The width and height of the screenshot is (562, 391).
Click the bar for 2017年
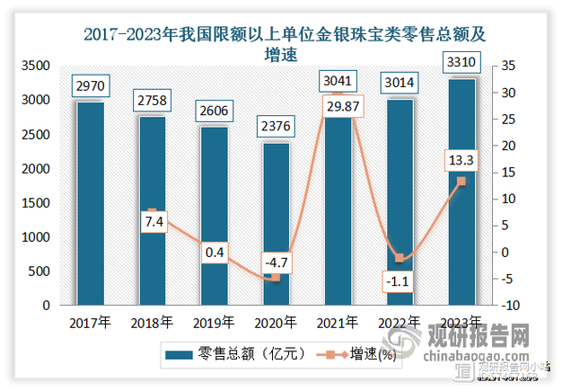90,203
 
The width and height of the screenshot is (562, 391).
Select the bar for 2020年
275,224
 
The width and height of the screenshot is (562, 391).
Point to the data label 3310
460,61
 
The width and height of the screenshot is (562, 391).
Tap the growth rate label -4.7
275,262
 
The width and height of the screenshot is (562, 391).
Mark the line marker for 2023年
461,181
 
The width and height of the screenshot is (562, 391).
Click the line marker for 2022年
399,258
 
